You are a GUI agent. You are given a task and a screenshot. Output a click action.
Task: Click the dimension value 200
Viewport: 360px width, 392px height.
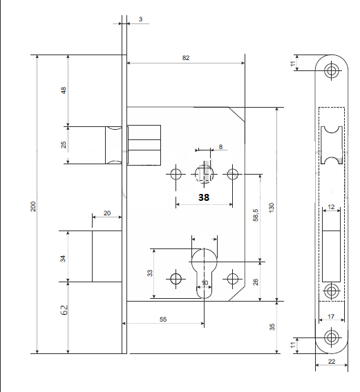tap(33, 206)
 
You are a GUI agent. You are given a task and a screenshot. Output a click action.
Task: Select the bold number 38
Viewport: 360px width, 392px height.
tap(204, 197)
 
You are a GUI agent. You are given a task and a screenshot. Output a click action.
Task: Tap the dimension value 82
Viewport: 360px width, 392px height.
tap(186, 58)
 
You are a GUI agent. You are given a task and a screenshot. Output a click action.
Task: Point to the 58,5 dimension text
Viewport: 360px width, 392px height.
tap(256, 215)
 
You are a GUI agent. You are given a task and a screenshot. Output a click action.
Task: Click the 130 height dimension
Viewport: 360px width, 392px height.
tap(272, 208)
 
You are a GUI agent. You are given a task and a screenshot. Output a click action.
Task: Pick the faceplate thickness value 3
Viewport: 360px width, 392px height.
tap(140, 19)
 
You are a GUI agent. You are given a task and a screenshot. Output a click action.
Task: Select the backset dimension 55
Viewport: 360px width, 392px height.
tap(163, 320)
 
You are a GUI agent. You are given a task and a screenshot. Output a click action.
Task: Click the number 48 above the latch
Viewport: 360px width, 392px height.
tap(64, 90)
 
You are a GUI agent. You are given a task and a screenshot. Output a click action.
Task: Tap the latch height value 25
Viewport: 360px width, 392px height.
tap(64, 144)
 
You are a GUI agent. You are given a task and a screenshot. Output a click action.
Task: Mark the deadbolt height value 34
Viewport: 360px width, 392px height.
tap(63, 259)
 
